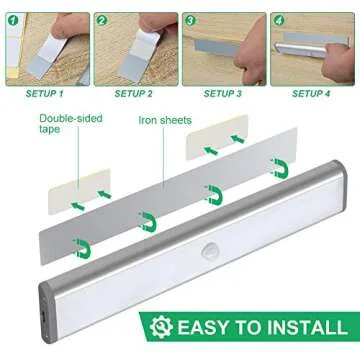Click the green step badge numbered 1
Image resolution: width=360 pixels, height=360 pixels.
coord(11,19)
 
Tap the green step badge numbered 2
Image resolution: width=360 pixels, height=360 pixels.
coord(100,19)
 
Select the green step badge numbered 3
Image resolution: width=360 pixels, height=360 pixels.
coord(190,19)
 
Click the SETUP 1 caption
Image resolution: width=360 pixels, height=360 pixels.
coord(40,93)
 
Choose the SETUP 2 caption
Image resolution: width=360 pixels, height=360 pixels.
coord(133,93)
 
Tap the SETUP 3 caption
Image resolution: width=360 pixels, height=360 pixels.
coord(222,93)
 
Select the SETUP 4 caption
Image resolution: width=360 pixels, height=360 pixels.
coord(313,93)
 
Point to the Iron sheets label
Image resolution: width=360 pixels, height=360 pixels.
coord(165,120)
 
